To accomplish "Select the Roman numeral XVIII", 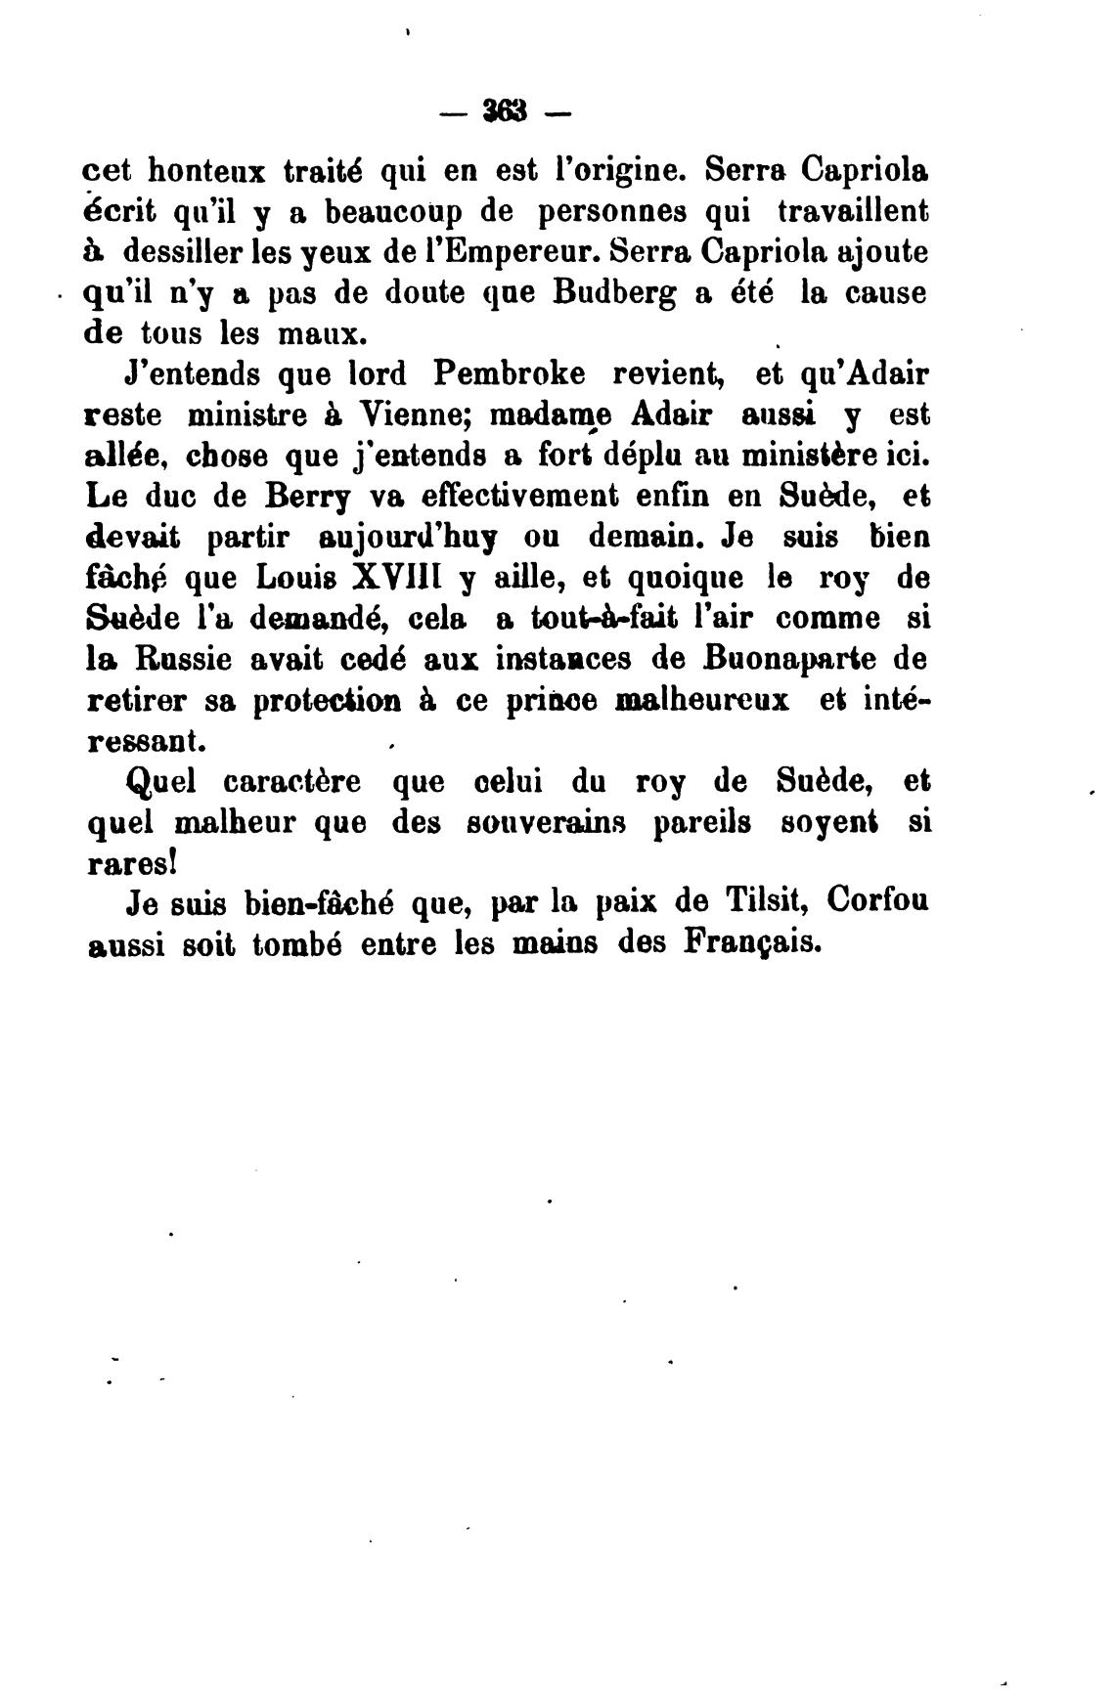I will (387, 579).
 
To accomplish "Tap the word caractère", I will (291, 783).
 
